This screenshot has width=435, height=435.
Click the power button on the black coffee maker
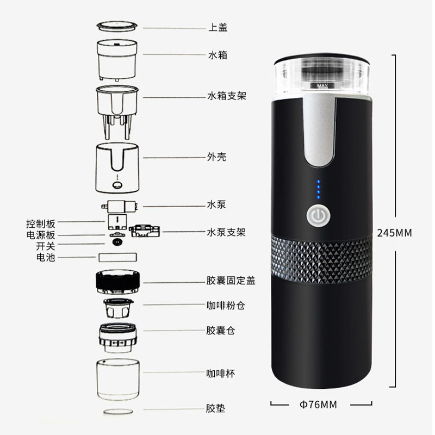(318, 217)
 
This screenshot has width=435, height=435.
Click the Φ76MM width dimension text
(319, 404)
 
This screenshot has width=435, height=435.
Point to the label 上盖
(217, 27)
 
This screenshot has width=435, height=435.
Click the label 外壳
(217, 157)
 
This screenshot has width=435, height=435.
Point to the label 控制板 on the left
(41, 223)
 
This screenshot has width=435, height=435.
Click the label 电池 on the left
(46, 257)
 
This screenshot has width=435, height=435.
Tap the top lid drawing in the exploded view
(117, 26)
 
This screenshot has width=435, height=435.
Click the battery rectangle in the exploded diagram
(117, 257)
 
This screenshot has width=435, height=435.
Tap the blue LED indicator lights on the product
(319, 190)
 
